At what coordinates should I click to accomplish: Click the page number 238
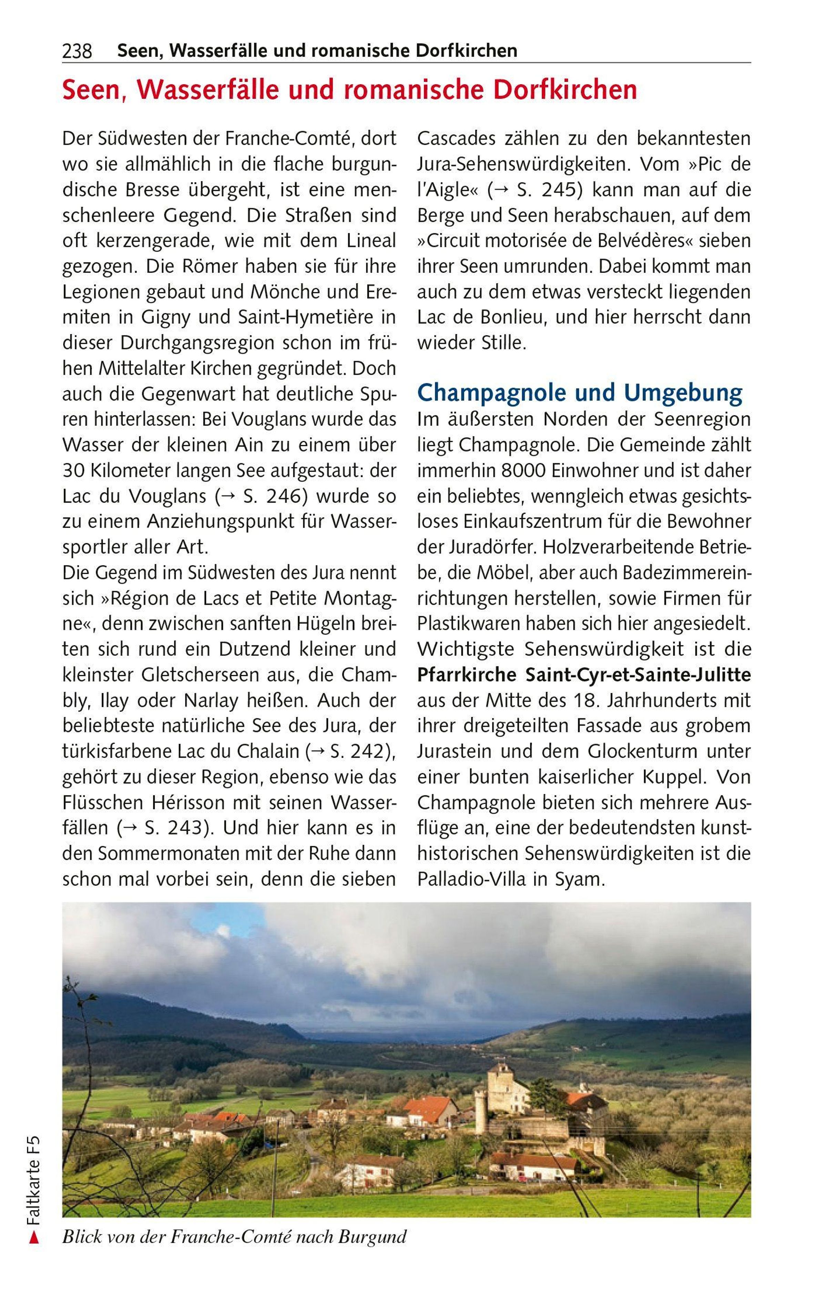coord(77,52)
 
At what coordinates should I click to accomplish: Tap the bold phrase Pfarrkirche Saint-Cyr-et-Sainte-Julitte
coord(584,675)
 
